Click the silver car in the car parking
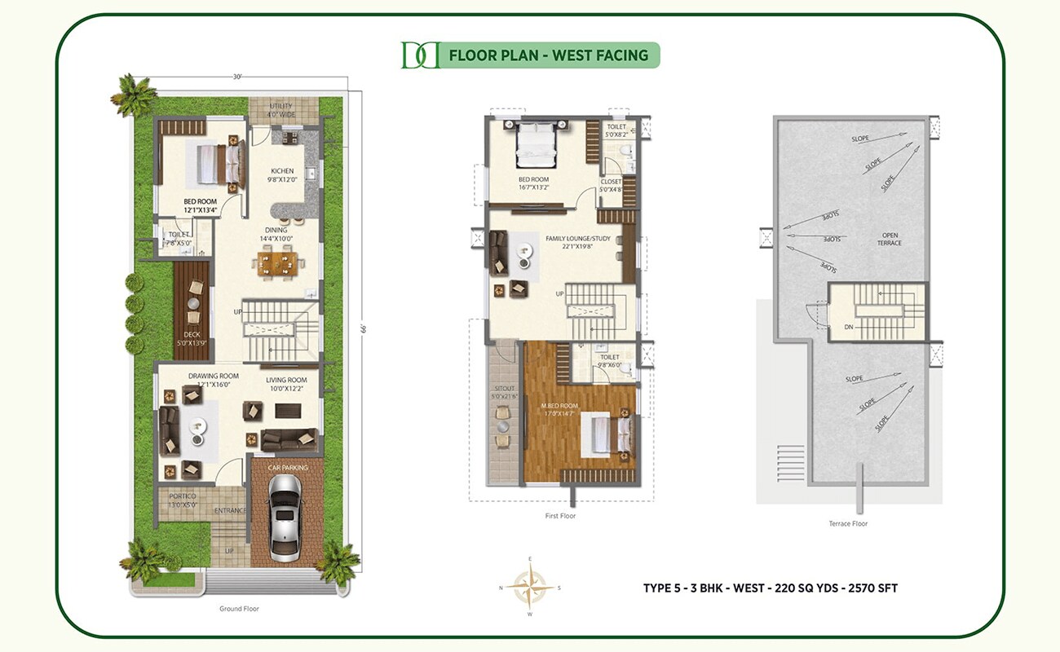(x=285, y=517)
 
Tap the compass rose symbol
(x=530, y=586)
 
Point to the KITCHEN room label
(x=282, y=171)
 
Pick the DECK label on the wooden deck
(x=192, y=334)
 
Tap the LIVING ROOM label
(x=285, y=380)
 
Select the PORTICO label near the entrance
(x=183, y=496)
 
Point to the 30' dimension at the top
(x=237, y=77)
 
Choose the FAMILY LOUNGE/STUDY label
(x=577, y=239)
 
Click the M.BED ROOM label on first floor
(x=559, y=406)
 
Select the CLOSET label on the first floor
(x=611, y=182)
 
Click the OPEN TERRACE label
(x=889, y=238)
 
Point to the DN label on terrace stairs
(x=850, y=327)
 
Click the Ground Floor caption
(x=239, y=609)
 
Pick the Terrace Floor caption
(x=848, y=524)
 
